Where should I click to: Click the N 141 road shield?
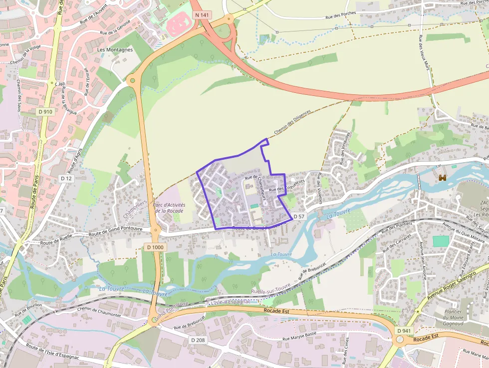point(203,15)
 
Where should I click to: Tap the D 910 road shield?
point(45,112)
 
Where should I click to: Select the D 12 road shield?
point(66,178)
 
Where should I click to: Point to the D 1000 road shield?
point(156,247)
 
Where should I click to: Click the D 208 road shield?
point(198,340)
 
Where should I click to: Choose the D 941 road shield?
point(405,331)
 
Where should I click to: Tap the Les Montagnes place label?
point(115,50)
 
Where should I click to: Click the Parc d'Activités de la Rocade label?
point(169,208)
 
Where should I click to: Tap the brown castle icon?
point(442,177)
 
